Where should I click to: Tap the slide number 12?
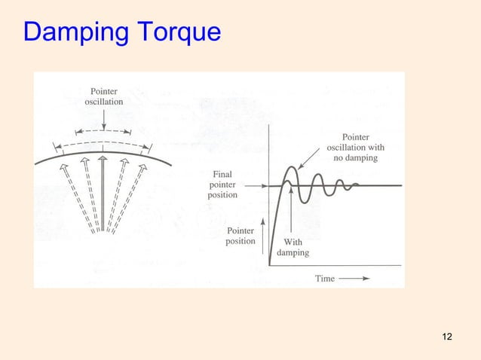click(x=447, y=335)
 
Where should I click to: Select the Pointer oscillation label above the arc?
click(x=103, y=96)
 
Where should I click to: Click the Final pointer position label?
click(x=222, y=185)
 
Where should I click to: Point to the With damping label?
click(x=293, y=247)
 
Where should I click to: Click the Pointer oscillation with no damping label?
click(x=355, y=148)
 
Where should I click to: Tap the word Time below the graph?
click(x=325, y=278)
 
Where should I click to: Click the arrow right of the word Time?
click(x=354, y=278)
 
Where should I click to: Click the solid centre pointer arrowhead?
click(x=103, y=160)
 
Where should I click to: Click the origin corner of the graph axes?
click(x=269, y=265)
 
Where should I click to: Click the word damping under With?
click(x=293, y=253)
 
